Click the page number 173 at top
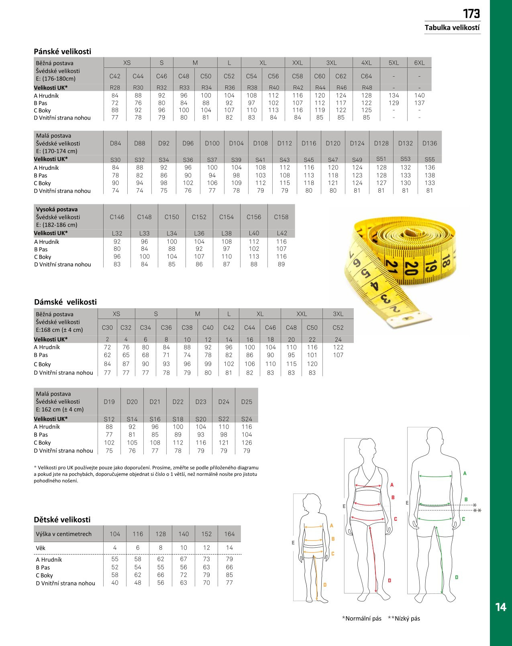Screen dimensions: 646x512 [471, 14]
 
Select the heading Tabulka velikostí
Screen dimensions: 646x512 [452, 28]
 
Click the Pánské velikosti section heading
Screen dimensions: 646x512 [62, 51]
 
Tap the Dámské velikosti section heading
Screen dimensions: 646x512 [65, 302]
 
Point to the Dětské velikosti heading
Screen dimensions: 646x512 [62, 520]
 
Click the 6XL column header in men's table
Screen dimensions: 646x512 [419, 63]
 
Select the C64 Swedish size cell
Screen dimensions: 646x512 [366, 76]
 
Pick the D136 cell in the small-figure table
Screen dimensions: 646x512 [429, 143]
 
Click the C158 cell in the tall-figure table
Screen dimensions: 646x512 [281, 217]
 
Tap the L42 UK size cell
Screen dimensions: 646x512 [281, 233]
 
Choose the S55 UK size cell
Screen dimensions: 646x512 [429, 159]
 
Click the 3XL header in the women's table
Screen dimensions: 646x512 [338, 314]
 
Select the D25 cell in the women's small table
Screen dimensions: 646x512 [247, 402]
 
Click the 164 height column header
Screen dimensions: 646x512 [229, 534]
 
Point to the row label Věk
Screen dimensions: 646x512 [41, 548]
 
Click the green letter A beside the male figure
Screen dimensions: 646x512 [465, 473]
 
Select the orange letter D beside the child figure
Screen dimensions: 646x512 [325, 585]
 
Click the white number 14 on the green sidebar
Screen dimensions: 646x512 [500, 607]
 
